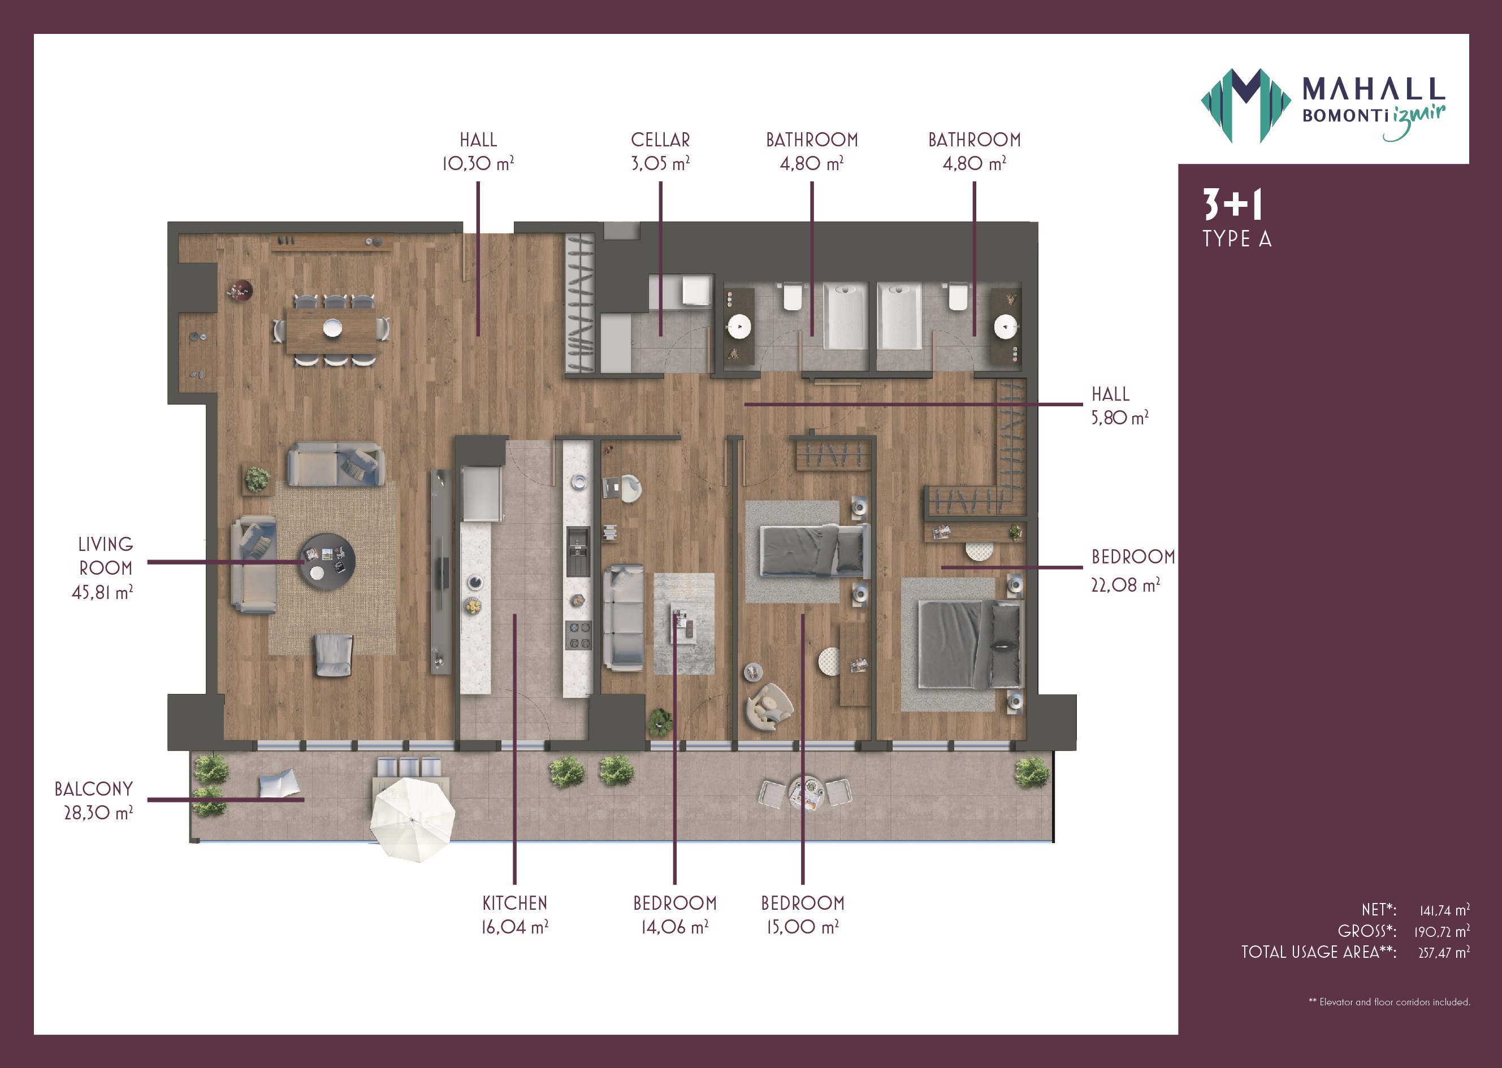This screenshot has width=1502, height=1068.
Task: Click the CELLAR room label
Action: pos(660,140)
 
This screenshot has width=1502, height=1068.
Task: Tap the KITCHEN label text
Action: pos(514,903)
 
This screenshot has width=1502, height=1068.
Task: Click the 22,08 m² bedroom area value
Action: pos(1125,585)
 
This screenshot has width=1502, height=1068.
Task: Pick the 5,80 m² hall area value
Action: pos(1120,418)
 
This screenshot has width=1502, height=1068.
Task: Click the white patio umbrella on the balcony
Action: pos(412,819)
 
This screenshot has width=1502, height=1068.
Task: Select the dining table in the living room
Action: pos(332,330)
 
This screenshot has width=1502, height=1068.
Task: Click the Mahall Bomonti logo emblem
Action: pos(1245,105)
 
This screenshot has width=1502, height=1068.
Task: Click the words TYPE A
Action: pos(1237,238)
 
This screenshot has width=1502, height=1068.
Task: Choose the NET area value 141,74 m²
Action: pos(1444,910)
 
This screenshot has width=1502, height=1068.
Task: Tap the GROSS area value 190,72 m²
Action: pos(1442,931)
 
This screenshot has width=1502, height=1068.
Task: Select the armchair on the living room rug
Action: pos(334,655)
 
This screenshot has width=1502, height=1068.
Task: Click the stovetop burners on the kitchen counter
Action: pos(578,635)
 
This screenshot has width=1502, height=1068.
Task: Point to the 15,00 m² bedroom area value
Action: pos(802,927)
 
